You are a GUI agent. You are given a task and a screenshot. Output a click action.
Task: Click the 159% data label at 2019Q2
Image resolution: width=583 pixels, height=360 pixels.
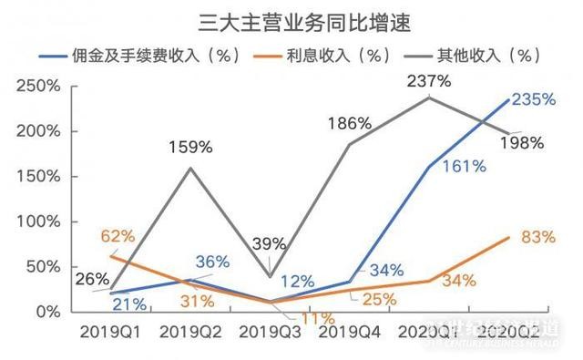click(190, 145)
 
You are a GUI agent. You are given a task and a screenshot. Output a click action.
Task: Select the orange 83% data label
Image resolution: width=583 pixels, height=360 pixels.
click(538, 238)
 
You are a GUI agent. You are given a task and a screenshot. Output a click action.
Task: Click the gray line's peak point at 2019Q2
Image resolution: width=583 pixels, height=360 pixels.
click(190, 168)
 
